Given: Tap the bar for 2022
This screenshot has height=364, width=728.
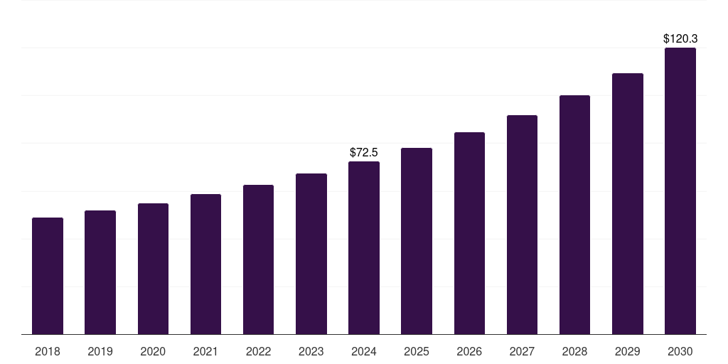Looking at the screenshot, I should [x=258, y=259].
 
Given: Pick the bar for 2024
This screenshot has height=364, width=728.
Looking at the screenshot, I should [x=364, y=248].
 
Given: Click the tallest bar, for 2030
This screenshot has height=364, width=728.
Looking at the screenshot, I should [x=680, y=191].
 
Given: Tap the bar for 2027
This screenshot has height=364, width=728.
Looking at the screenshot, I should [x=522, y=225].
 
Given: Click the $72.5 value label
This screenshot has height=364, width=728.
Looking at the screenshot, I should [x=364, y=152].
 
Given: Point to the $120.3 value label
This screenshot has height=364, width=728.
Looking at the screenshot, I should [x=680, y=38].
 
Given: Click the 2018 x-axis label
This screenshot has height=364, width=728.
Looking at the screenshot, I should [x=48, y=351].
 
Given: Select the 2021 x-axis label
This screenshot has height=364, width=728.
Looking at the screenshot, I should [x=205, y=351].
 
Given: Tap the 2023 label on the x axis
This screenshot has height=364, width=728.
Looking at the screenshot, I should [x=311, y=351].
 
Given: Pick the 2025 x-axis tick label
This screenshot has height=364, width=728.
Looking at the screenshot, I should [x=417, y=351].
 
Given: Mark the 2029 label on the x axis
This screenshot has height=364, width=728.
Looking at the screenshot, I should [x=627, y=351].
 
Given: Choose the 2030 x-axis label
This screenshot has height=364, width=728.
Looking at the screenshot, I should [x=680, y=351].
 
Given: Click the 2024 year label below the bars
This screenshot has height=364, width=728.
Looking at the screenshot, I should [x=364, y=351].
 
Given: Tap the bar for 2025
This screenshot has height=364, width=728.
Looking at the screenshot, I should [x=417, y=241].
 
